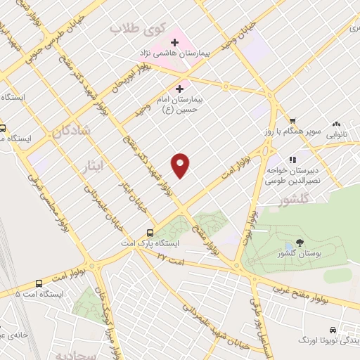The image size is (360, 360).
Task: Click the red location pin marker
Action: click(x=181, y=165)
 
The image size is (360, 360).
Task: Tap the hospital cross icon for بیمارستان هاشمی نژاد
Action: click(x=174, y=43)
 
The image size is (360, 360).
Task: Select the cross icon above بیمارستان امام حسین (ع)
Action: click(x=180, y=89)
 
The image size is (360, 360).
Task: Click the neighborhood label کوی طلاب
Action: click(x=139, y=30)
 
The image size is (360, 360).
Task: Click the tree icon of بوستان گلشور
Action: click(x=300, y=243)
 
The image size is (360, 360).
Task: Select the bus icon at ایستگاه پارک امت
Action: click(x=150, y=233)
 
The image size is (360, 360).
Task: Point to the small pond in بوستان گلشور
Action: click(x=272, y=246)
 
